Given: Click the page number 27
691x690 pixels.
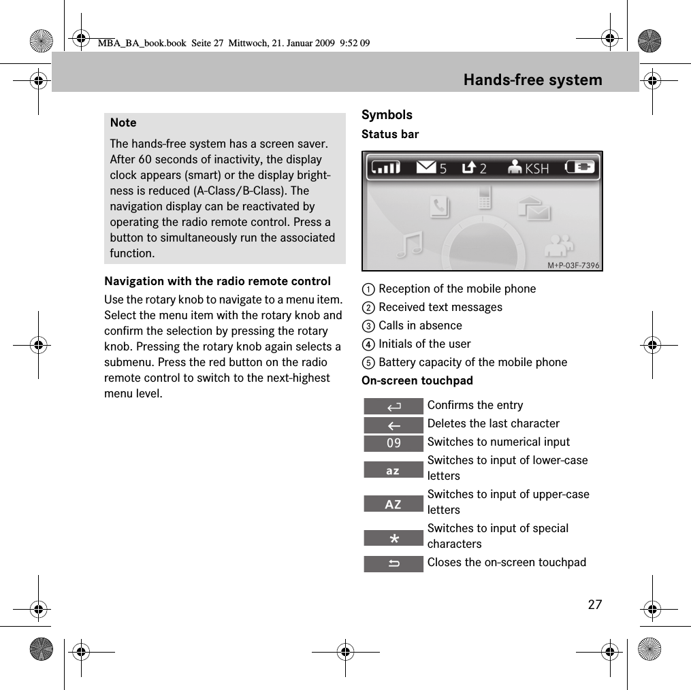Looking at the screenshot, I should click(x=594, y=604).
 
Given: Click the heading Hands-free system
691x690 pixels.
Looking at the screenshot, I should click(x=532, y=80).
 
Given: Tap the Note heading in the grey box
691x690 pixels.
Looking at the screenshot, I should click(x=123, y=122).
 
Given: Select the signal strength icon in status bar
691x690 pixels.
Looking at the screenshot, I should click(x=385, y=167).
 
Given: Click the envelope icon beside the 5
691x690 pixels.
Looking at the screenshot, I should click(x=426, y=167).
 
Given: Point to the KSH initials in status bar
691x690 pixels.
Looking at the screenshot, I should click(x=536, y=168).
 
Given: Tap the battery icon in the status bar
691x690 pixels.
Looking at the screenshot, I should click(x=580, y=167).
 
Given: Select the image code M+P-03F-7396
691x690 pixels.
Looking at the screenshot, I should click(x=573, y=265).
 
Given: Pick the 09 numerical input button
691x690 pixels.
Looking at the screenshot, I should click(x=393, y=444).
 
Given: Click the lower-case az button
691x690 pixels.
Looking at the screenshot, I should click(x=393, y=470).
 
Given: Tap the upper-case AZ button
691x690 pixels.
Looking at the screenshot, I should click(x=393, y=504).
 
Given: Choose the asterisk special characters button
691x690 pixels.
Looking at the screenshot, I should click(x=393, y=539).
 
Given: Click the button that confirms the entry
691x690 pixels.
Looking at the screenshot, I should click(x=393, y=407).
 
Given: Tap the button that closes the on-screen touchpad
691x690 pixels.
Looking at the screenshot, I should click(x=393, y=563).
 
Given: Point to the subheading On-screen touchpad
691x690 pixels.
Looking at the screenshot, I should click(x=417, y=380).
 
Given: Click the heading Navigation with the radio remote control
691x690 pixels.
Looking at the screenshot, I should click(x=217, y=281).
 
